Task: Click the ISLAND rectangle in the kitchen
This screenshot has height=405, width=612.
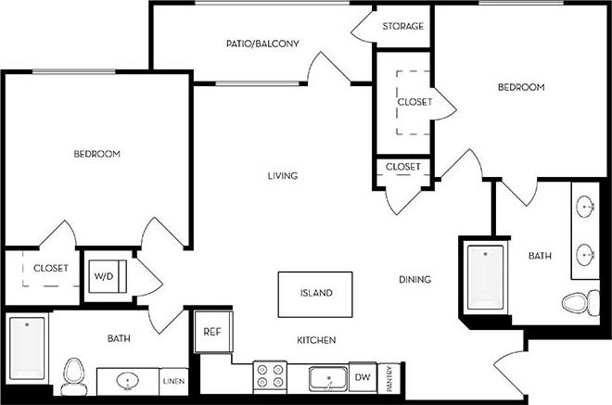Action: (315, 294)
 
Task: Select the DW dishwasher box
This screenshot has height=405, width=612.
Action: (364, 378)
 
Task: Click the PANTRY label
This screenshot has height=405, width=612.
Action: (391, 378)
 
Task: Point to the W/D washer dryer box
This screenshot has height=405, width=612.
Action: (102, 276)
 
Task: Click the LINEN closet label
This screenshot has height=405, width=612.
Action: (173, 381)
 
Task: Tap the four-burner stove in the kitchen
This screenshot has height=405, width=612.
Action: (270, 376)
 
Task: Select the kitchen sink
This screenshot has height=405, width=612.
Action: (328, 378)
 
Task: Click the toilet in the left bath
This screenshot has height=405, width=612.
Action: (72, 374)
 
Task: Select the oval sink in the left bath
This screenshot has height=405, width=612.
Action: (129, 379)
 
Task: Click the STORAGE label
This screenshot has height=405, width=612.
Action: (403, 26)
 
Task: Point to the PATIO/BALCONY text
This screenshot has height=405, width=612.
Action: (262, 44)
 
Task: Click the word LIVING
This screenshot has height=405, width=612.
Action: (283, 175)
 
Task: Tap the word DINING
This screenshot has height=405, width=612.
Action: (415, 279)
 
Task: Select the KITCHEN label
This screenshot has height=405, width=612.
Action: (316, 340)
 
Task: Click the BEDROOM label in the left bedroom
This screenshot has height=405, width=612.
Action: (97, 154)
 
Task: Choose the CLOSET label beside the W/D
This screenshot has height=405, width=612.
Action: (51, 268)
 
